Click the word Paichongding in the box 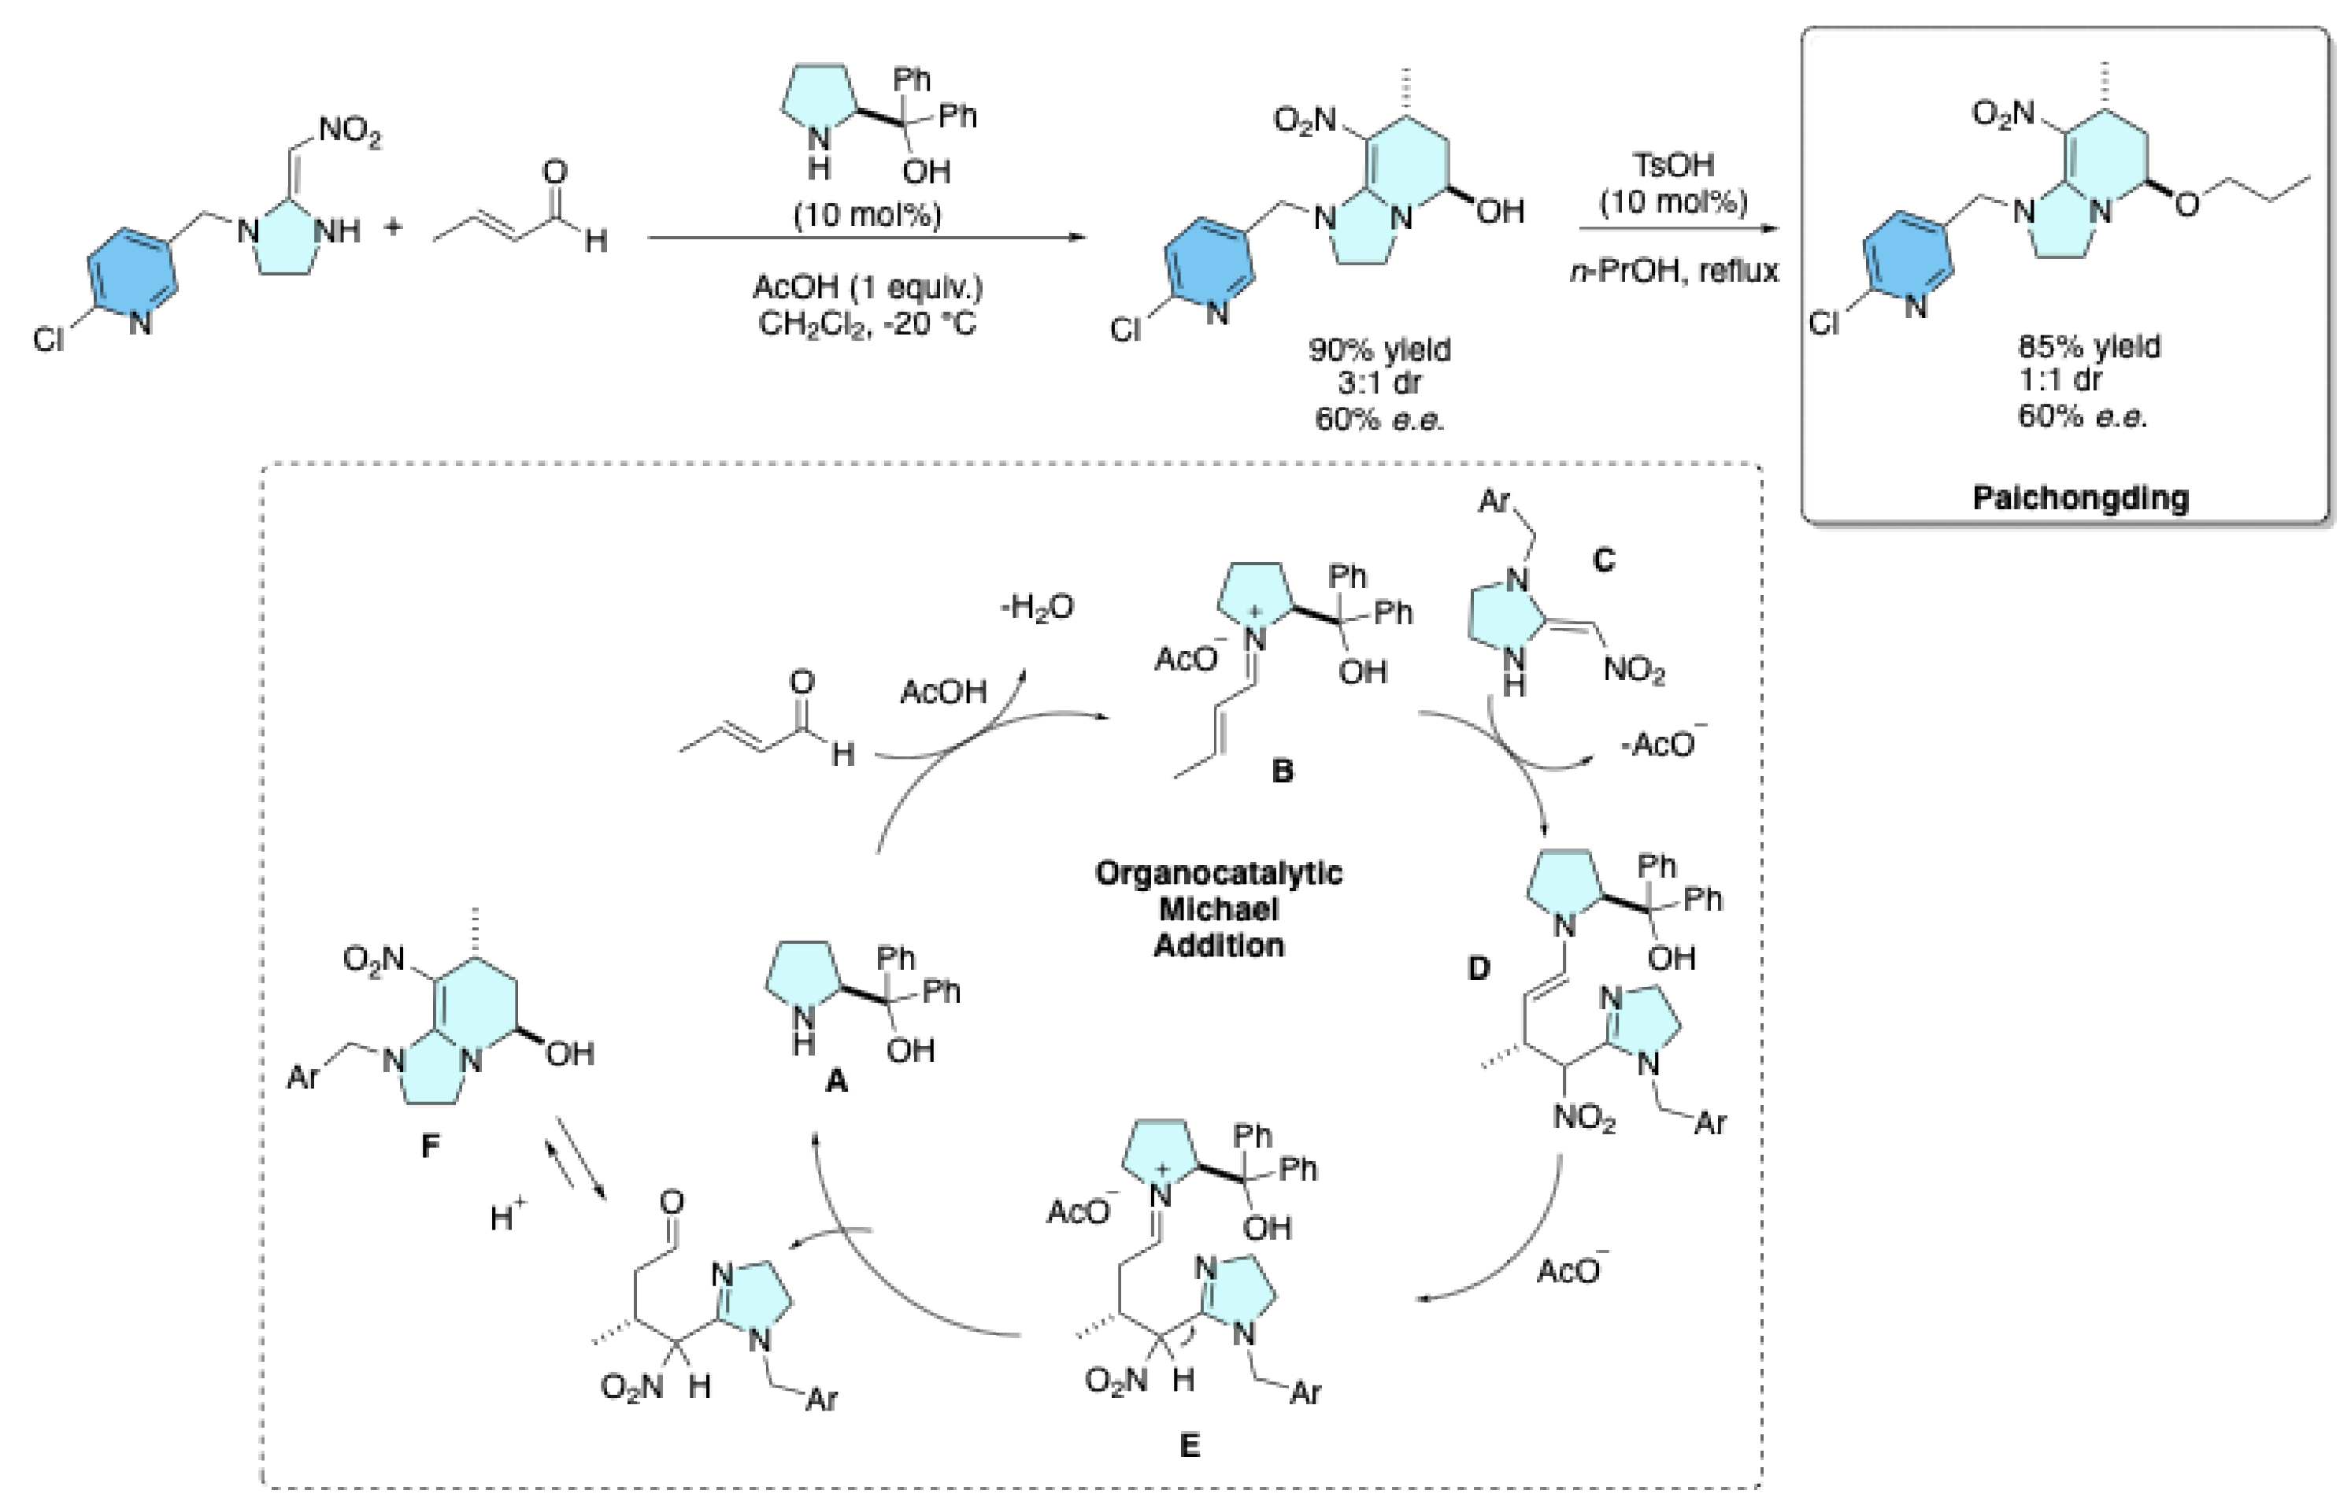[x=2080, y=497]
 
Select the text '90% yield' [x=1380, y=349]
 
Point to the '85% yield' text [x=2089, y=347]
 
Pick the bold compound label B [x=1282, y=771]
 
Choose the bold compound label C [x=1603, y=560]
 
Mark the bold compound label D [x=1479, y=968]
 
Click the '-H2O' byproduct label [x=1036, y=608]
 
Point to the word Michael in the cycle [x=1219, y=909]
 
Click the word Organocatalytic [x=1219, y=873]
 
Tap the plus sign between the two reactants [x=393, y=227]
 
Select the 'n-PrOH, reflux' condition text [x=1674, y=270]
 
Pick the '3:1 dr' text [x=1380, y=382]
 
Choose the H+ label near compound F [x=507, y=1217]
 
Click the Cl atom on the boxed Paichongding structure [x=1824, y=323]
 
